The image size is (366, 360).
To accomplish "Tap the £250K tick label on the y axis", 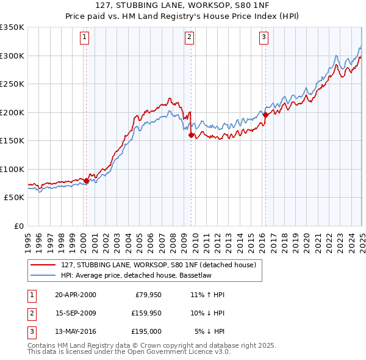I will tap(12, 84).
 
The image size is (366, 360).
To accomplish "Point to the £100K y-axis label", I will tap(12, 169).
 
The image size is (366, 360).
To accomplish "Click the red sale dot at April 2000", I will tap(86, 181).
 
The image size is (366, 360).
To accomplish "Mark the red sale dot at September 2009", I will tap(191, 135).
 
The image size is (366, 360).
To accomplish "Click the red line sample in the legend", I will tap(43, 265).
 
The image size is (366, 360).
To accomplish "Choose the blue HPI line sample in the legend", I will tap(43, 275).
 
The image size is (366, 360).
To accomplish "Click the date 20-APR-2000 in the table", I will tap(76, 295).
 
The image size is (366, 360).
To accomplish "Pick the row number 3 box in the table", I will tap(31, 331).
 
